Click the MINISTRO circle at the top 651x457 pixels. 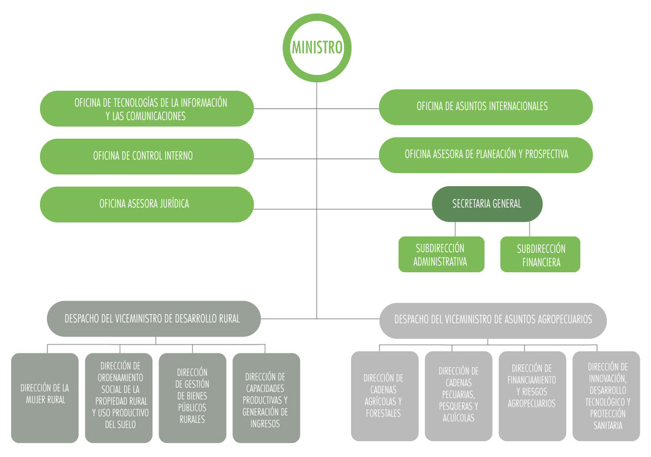317,47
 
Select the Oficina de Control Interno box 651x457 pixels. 147,156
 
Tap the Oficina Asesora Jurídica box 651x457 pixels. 147,204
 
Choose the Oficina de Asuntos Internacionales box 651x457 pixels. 485,107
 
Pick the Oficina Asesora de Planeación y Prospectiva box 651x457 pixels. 485,155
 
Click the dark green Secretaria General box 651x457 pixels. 486,204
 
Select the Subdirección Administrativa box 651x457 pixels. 440,254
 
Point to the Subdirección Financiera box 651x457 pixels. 540,254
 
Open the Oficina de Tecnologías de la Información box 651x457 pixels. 147,109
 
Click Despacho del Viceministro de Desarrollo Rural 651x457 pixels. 154,319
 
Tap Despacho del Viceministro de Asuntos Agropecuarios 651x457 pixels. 493,320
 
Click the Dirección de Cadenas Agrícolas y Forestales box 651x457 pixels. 384,396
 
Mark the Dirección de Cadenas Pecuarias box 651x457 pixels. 458,396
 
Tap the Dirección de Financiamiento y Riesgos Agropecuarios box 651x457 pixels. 532,396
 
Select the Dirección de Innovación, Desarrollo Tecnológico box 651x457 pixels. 606,396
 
